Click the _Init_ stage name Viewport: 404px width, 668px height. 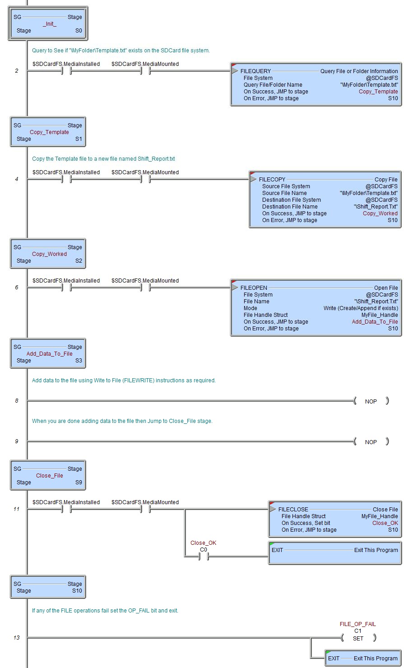point(50,24)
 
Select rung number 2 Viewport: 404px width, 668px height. point(17,71)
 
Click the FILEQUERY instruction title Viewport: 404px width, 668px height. point(255,71)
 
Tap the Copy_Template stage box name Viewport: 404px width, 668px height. point(49,132)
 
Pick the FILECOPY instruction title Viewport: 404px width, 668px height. point(272,180)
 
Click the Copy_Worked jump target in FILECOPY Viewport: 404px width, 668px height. point(380,213)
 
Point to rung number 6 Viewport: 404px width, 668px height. point(17,288)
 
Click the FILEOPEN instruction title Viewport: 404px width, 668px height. point(254,288)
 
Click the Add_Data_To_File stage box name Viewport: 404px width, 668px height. point(49,354)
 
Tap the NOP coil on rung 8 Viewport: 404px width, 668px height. point(371,401)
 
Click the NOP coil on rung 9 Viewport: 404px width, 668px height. point(371,442)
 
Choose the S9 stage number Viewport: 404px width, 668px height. point(79,482)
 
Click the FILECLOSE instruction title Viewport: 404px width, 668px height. point(293,510)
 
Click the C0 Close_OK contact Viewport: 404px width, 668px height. point(203,557)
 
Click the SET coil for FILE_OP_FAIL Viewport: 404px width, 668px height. point(358,638)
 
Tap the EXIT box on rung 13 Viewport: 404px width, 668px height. point(362,659)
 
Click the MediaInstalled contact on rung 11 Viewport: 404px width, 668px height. point(66,509)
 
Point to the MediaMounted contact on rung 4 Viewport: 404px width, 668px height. point(145,179)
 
